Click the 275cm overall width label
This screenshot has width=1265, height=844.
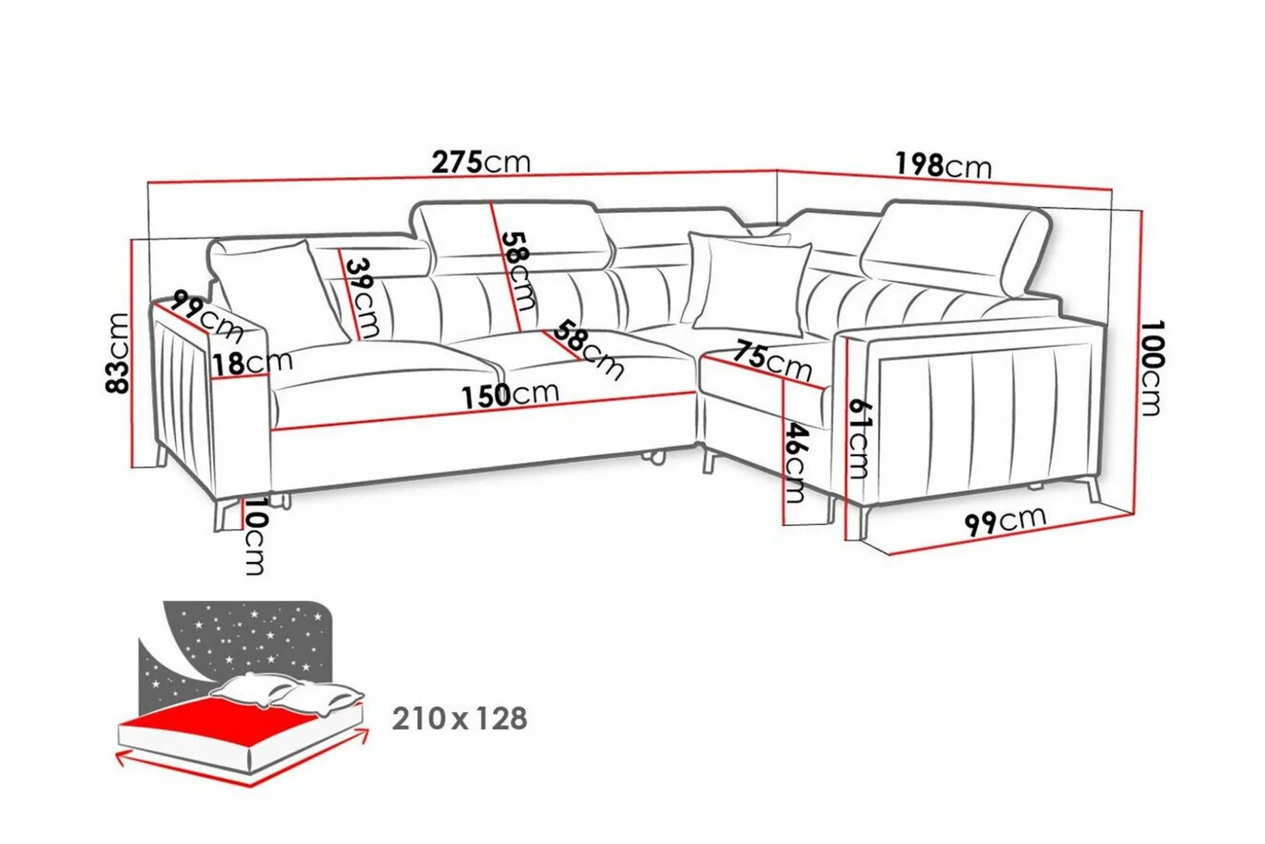pos(481,162)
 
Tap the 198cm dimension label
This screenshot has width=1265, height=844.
pos(943,165)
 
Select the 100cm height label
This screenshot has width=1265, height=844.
pos(1151,368)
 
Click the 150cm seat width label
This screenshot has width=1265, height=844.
pos(510,395)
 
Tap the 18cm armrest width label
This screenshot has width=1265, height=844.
pos(252,362)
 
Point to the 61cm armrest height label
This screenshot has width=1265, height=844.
pos(859,438)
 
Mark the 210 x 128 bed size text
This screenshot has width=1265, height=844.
pos(460,719)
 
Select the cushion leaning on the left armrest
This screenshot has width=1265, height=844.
pos(272,289)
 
